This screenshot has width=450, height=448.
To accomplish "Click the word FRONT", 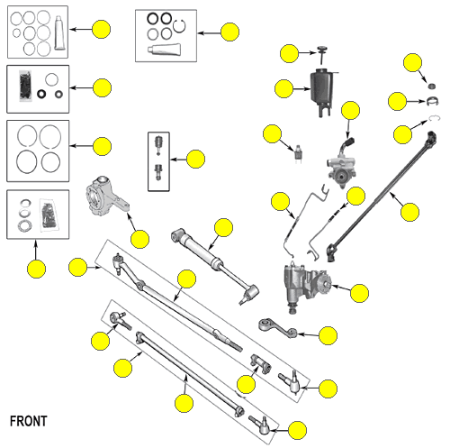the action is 29,421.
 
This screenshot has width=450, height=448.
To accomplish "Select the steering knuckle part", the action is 106,197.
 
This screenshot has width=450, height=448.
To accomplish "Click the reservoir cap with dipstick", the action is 322,54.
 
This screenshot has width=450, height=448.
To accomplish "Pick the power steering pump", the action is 342,164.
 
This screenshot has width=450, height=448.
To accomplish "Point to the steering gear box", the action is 306,286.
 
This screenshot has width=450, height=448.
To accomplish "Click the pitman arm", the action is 277,328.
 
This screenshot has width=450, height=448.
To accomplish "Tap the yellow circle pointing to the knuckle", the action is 140,239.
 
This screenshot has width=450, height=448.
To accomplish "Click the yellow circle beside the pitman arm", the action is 328,335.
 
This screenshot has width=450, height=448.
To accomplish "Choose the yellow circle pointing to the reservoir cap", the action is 289,53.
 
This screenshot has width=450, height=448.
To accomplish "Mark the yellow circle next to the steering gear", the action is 359,293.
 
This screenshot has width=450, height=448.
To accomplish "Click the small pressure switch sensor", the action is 298,151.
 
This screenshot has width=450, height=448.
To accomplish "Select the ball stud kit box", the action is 158,161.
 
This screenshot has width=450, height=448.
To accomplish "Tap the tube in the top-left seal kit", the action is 59,32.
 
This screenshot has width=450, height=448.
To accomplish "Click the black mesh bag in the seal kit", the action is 25,86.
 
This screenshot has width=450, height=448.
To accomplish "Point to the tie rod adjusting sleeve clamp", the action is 261,363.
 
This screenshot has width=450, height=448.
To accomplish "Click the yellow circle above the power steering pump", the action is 350,110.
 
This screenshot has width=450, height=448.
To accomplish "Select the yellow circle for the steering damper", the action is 224,228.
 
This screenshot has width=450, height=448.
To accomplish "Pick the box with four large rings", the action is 38,151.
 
